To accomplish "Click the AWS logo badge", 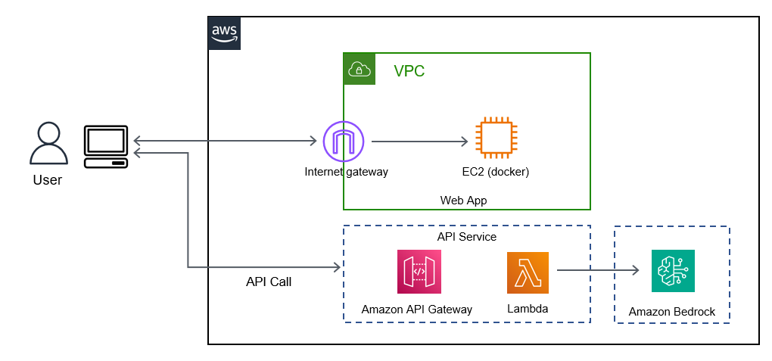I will [225, 33].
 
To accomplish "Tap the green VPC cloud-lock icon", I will [360, 69].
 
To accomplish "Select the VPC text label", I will [409, 72].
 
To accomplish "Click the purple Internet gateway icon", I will [344, 141].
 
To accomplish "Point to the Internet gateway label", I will [346, 172].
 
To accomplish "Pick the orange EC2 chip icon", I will [495, 138].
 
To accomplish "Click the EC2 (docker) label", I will [495, 172].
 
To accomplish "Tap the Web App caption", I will [463, 201].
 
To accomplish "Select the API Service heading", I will [466, 237].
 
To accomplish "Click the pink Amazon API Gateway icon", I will [418, 272].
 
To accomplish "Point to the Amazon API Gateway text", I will [416, 309].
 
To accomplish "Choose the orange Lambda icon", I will [528, 272].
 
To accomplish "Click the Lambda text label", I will [528, 309].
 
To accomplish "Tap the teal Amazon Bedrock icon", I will [672, 271].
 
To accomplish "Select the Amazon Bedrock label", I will [672, 312].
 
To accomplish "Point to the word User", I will [48, 180].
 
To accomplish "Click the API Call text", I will [269, 282].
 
